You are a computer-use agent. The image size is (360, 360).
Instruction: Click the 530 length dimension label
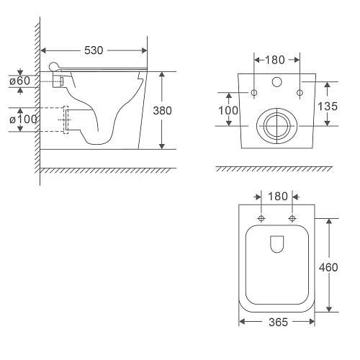pyautogui.click(x=94, y=50)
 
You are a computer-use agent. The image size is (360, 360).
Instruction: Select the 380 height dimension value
pyautogui.click(x=163, y=111)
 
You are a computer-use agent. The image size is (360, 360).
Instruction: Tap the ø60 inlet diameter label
pyautogui.click(x=20, y=81)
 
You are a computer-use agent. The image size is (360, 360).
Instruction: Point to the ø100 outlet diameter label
pyautogui.click(x=23, y=120)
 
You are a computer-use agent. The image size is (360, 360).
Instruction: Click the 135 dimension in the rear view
pyautogui.click(x=328, y=106)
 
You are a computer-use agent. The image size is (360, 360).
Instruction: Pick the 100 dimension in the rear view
pyautogui.click(x=228, y=110)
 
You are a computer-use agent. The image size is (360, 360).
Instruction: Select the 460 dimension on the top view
pyautogui.click(x=328, y=267)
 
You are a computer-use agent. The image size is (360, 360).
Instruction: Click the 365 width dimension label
pyautogui.click(x=278, y=322)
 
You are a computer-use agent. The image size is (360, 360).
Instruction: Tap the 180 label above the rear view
pyautogui.click(x=275, y=60)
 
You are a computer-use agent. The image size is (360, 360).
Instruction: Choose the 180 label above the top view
pyautogui.click(x=278, y=197)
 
